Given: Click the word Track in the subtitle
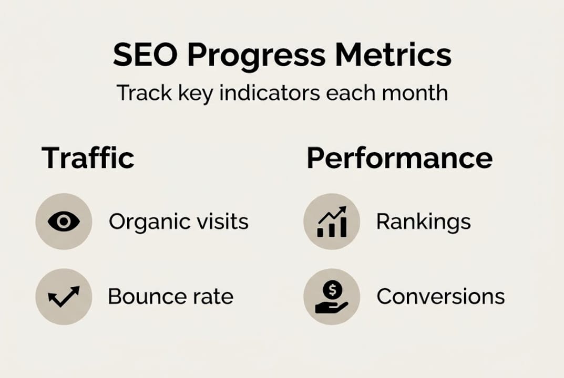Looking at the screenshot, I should (138, 93).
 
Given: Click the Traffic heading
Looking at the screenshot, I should (88, 158).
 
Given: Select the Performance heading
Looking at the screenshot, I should (399, 158).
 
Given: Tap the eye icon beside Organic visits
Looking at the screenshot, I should (64, 222).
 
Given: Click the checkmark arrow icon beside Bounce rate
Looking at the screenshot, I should (64, 297).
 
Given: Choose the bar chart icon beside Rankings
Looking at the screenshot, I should (332, 222).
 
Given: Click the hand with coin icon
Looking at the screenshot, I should (332, 297).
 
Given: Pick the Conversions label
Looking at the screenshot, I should (440, 297).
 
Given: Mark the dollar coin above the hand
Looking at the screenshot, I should (334, 288).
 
